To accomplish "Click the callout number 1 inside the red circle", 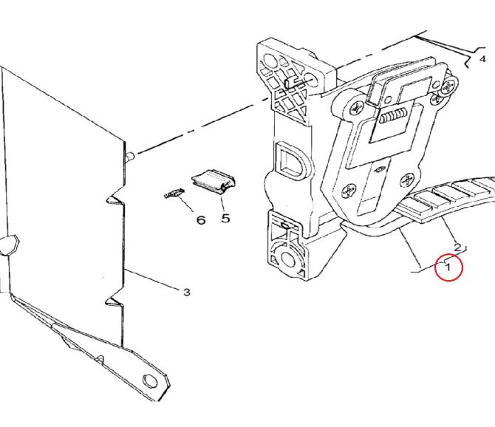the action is click(x=448, y=267).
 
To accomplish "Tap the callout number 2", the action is click(x=457, y=247).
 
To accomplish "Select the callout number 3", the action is click(x=187, y=293).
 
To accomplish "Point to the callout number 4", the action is click(x=482, y=58).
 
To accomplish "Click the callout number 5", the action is click(x=225, y=218).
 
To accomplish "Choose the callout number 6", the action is click(x=201, y=220).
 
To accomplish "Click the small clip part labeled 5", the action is click(x=214, y=182).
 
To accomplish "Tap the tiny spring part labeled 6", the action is click(x=174, y=193).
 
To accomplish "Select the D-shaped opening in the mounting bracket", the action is click(x=291, y=160).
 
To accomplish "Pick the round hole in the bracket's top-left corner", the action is click(x=269, y=60).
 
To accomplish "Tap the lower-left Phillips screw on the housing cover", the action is click(x=348, y=191).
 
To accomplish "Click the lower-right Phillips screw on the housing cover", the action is click(x=407, y=181).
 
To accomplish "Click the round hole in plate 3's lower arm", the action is click(x=150, y=381).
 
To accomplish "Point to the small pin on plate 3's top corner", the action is click(x=130, y=155).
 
